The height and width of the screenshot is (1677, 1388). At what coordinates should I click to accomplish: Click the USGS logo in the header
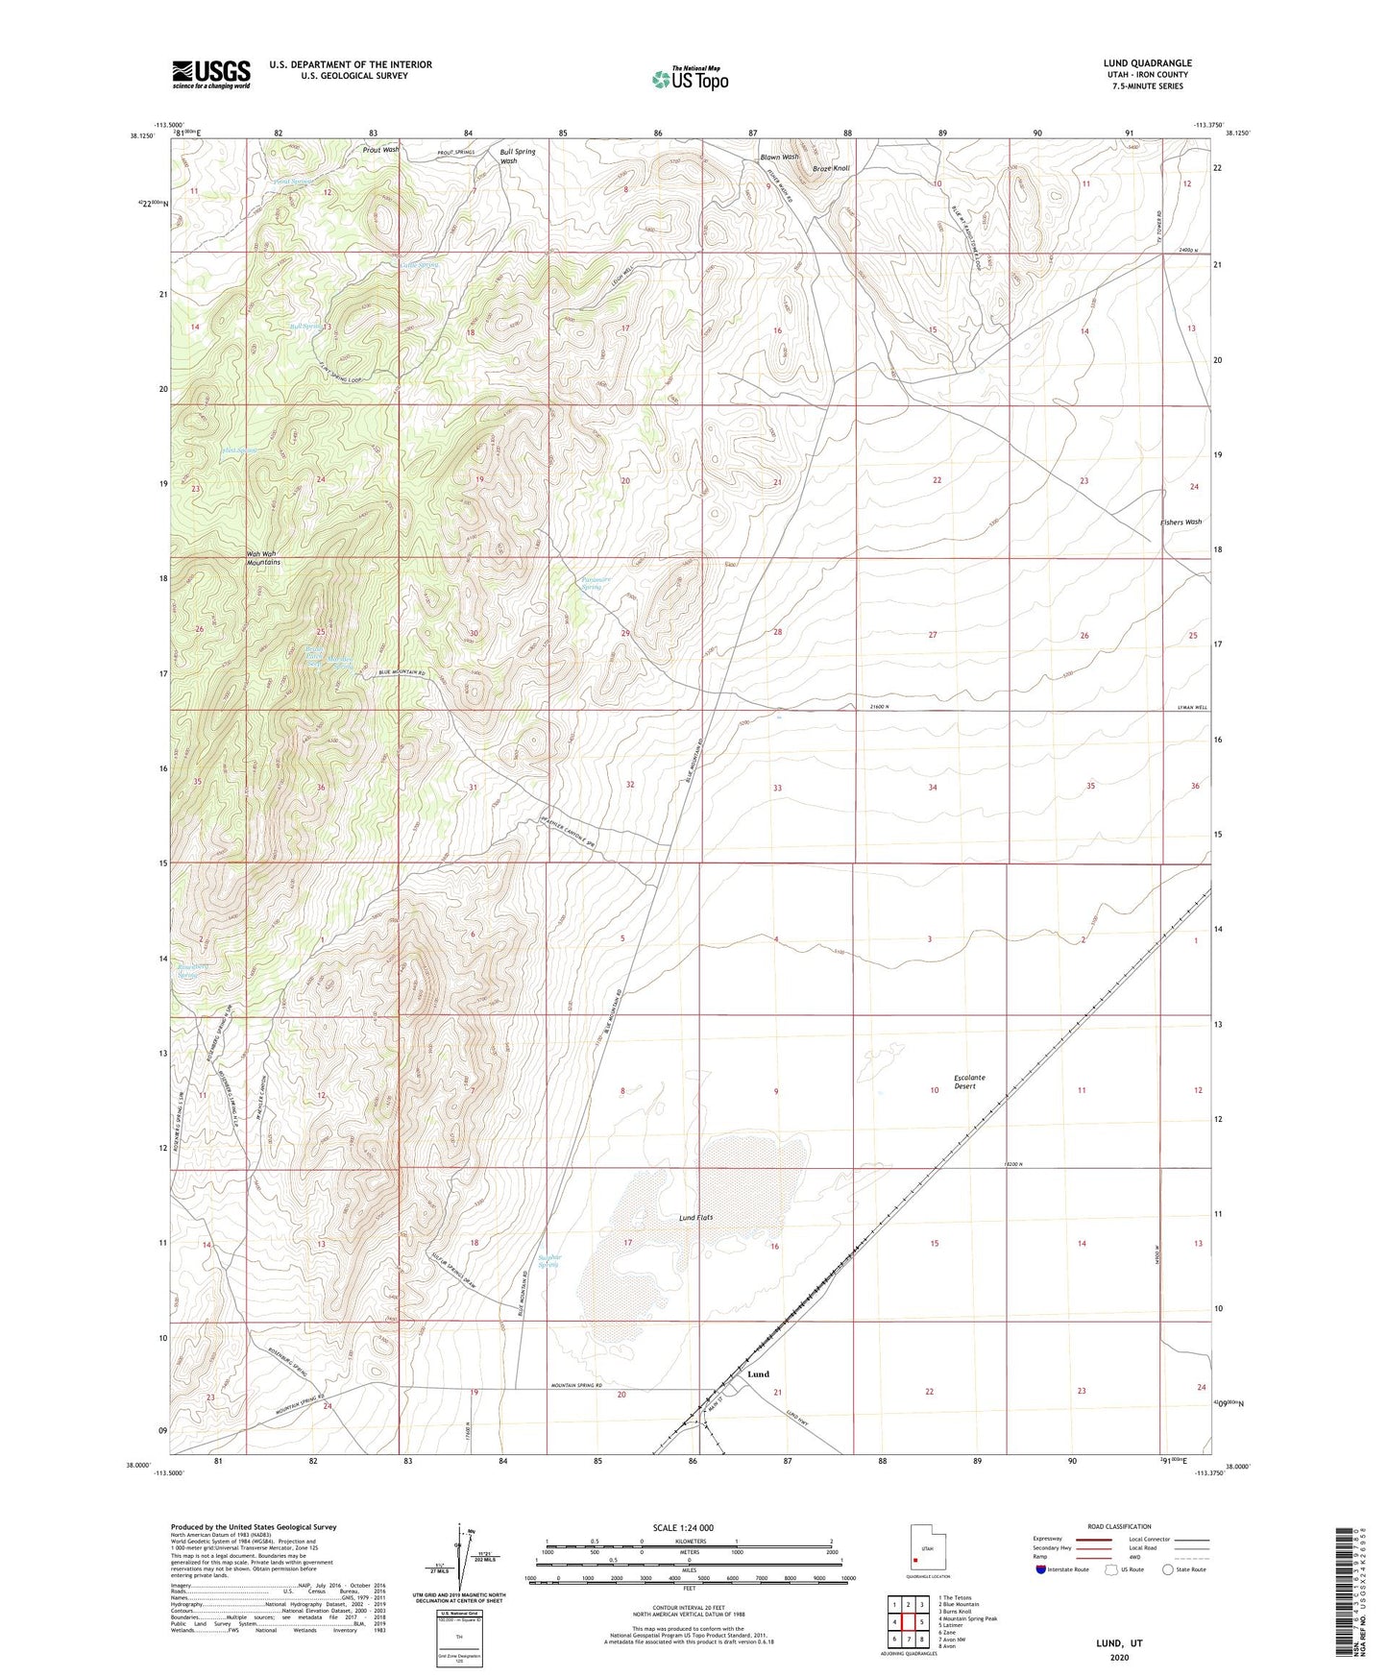[211, 74]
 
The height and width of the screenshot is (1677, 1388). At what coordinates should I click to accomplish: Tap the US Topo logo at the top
[689, 79]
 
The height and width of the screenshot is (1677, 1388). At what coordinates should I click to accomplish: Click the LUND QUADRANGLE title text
[1147, 63]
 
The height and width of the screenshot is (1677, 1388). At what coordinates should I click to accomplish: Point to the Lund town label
[758, 1374]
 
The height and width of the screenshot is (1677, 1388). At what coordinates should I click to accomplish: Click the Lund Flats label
[690, 1218]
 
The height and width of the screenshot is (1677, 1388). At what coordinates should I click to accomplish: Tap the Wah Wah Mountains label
[262, 558]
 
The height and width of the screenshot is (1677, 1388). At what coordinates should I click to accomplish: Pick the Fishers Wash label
[1180, 523]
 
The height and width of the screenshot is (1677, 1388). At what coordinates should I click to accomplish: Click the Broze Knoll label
[831, 169]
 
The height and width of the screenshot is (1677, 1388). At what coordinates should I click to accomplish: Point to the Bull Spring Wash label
[517, 156]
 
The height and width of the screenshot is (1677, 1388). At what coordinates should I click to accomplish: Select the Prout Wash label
[380, 150]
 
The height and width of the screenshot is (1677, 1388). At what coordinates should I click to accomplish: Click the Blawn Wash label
[779, 158]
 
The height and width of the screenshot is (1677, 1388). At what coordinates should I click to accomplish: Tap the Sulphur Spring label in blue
[548, 1260]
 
